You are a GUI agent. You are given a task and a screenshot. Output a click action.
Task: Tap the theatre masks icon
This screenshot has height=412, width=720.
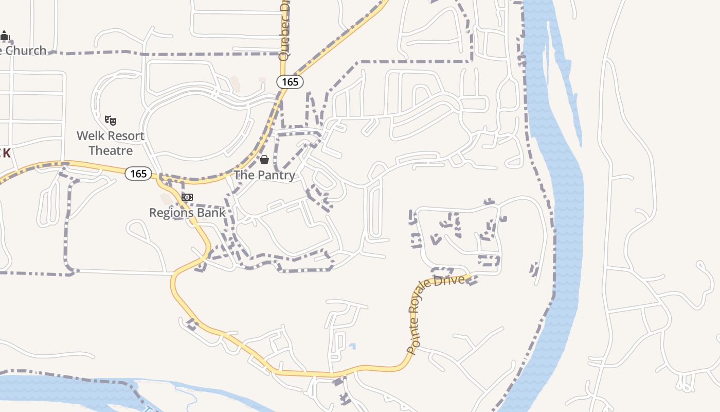click(x=111, y=121)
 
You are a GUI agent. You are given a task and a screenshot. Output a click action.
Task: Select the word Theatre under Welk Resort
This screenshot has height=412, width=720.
click(x=111, y=151)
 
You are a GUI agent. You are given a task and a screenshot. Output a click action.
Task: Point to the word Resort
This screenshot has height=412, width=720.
click(x=127, y=136)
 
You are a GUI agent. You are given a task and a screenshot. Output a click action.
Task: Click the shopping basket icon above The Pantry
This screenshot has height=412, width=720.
click(x=264, y=160)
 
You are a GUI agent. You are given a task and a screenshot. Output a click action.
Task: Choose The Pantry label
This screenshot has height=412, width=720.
click(x=264, y=175)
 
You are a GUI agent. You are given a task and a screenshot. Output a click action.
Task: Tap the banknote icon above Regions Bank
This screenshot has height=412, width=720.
click(x=187, y=198)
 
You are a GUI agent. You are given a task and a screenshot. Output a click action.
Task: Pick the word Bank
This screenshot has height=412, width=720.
click(x=212, y=213)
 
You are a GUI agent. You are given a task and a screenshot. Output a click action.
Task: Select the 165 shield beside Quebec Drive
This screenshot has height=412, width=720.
click(x=290, y=82)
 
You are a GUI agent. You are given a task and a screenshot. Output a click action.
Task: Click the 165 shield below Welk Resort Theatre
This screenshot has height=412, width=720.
click(x=138, y=174)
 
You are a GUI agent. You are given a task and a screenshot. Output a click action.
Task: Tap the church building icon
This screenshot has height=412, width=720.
click(x=5, y=36)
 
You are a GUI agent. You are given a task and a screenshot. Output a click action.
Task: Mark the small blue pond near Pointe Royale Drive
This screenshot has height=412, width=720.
click(x=352, y=346)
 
